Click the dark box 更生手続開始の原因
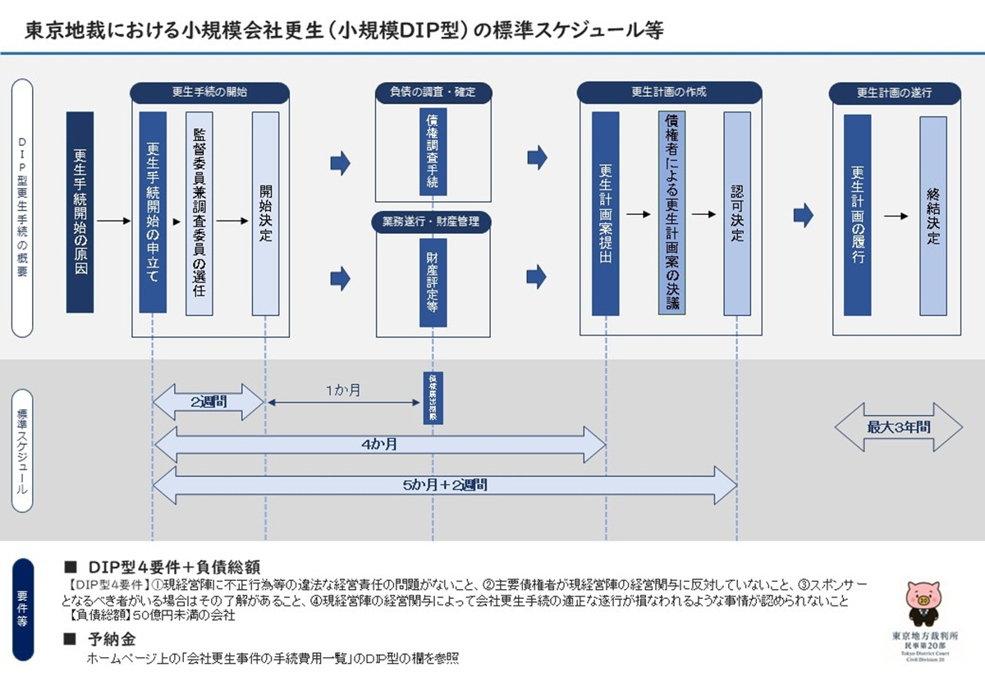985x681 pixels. (x=80, y=213)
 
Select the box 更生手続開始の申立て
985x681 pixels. (x=153, y=213)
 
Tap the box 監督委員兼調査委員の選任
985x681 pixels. (x=199, y=213)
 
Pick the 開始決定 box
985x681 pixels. (x=265, y=213)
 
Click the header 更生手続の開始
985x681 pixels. (x=210, y=93)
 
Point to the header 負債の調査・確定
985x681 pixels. (x=433, y=93)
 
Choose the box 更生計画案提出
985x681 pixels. (x=606, y=213)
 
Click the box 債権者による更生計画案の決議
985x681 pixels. (x=671, y=213)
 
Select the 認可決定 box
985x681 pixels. (x=737, y=213)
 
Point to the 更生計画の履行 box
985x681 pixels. (x=857, y=214)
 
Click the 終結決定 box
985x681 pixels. (x=933, y=216)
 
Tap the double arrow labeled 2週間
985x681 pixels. (x=208, y=402)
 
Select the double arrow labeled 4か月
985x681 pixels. (x=379, y=444)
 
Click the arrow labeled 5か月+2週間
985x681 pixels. (x=445, y=485)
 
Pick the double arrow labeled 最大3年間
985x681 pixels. (x=898, y=427)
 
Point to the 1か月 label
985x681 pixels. (x=342, y=391)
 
